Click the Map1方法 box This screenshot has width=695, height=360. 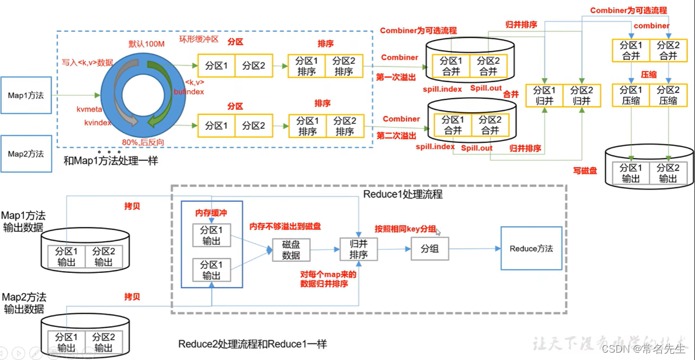click(x=26, y=95)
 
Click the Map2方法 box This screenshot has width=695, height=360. click(x=26, y=153)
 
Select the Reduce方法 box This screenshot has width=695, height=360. click(x=531, y=248)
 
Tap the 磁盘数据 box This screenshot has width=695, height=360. click(x=291, y=250)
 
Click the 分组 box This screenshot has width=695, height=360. click(x=429, y=249)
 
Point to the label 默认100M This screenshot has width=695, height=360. click(x=147, y=44)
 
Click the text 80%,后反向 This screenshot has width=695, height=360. click(x=142, y=142)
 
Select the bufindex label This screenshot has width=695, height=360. click(x=188, y=91)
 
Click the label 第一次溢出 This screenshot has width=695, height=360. click(x=396, y=77)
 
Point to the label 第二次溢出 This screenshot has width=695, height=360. click(x=397, y=136)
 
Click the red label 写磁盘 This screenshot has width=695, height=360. click(x=585, y=171)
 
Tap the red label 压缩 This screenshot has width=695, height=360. click(x=649, y=73)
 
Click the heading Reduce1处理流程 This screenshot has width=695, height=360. click(x=402, y=194)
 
